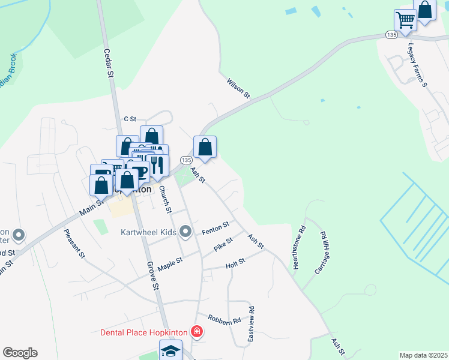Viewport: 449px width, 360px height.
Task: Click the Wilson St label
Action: [x=238, y=88]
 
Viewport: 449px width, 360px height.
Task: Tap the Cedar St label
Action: [x=109, y=63]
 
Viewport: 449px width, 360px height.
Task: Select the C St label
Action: [x=130, y=119]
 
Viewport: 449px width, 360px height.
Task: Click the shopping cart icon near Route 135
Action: [x=405, y=20]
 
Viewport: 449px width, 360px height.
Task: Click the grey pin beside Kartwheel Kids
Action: [x=185, y=231]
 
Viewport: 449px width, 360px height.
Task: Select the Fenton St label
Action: [x=216, y=228]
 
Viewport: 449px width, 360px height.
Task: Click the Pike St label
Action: [x=223, y=244]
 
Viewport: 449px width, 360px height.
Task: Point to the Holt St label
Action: [x=235, y=263]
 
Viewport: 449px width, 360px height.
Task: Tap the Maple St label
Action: [x=170, y=262]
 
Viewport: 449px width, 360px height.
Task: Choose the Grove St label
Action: [x=152, y=275]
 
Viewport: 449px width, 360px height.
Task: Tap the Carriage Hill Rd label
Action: [x=319, y=253]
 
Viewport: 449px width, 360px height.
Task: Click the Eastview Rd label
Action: [x=252, y=325]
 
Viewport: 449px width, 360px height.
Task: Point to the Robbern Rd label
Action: [x=224, y=320]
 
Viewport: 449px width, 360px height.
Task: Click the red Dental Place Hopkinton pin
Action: [x=196, y=331]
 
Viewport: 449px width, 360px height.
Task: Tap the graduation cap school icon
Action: [x=170, y=350]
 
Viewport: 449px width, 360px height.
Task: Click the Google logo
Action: [x=20, y=352]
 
